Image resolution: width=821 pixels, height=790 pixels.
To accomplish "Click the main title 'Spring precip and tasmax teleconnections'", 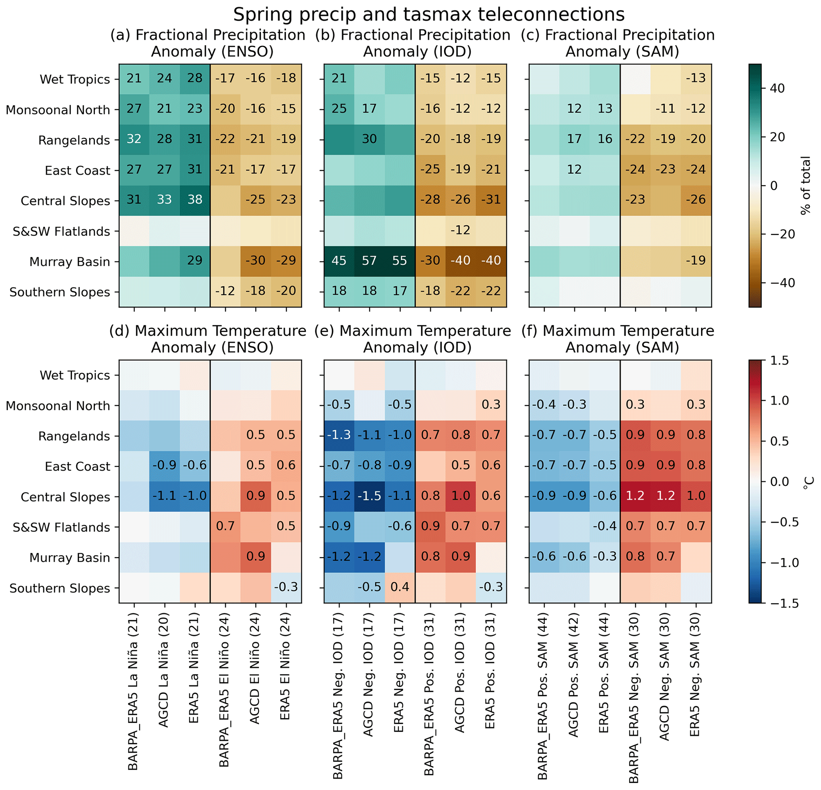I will coord(429,15).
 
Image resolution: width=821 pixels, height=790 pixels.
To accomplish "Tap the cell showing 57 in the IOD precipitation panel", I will coord(369,261).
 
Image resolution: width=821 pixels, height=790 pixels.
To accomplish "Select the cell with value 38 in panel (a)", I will coord(195,199).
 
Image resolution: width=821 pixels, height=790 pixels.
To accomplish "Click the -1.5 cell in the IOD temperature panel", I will coord(369,496).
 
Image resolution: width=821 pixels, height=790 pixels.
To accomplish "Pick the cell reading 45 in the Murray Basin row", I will coord(339,261).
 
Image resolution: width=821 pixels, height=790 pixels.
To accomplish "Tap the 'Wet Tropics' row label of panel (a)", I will coord(75,79).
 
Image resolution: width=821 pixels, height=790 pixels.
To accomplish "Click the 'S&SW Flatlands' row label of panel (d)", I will coord(61,527).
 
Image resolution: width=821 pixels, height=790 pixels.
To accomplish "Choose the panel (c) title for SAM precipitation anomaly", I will coord(618,43).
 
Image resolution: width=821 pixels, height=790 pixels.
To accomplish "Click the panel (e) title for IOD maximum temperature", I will coord(413,339).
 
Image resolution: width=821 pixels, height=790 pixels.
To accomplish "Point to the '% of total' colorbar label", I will coord(805,185).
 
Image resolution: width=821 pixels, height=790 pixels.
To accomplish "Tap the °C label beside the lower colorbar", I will coord(807,482).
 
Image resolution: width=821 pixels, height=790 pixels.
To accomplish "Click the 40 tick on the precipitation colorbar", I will coord(777,89).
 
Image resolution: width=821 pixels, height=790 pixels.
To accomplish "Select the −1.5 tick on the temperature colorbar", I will coord(780,603).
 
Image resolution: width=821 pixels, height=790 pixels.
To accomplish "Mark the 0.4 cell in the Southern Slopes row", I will coord(400,587).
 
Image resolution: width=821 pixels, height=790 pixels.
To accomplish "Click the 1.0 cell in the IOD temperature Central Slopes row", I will coord(460,496).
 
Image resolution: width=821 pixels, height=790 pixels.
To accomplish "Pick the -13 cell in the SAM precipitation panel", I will coord(696,78).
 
